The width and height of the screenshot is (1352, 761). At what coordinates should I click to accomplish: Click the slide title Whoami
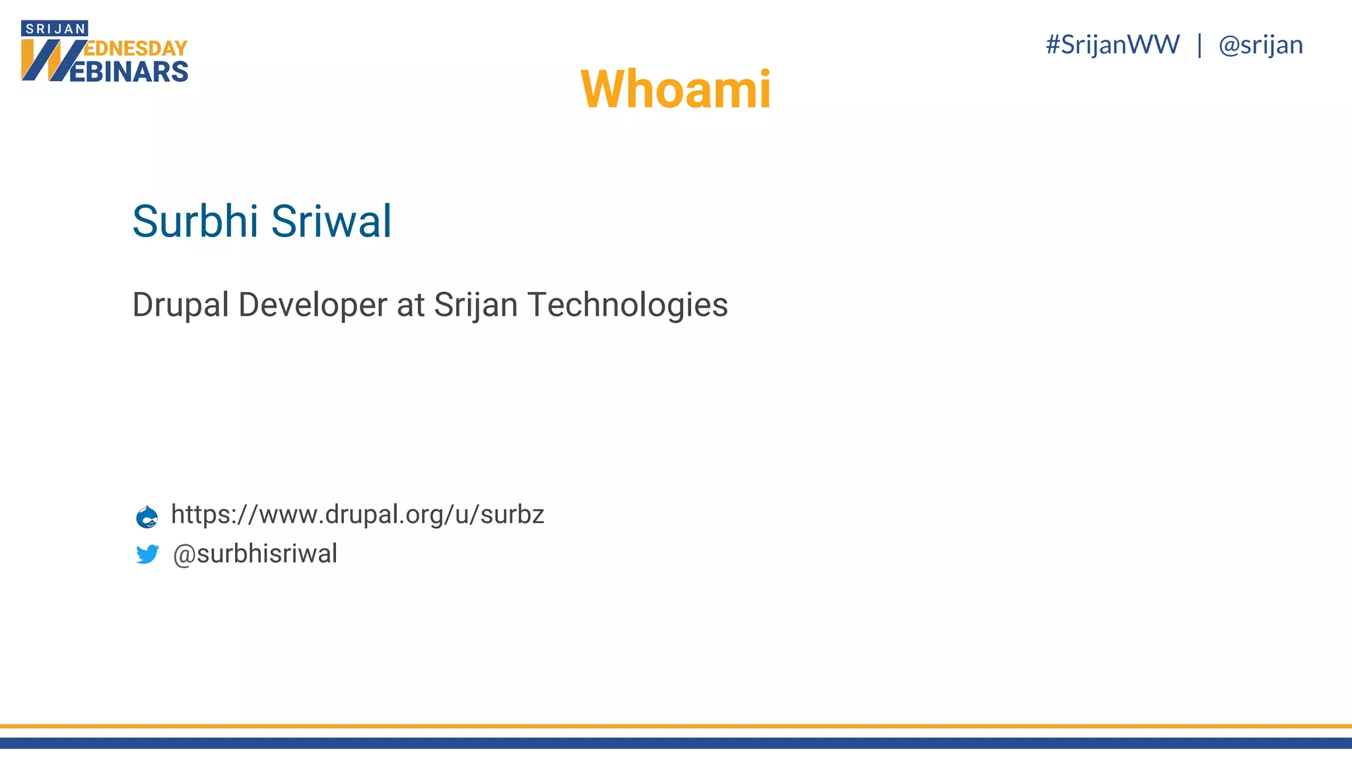675,89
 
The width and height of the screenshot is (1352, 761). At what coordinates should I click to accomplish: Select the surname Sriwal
331,221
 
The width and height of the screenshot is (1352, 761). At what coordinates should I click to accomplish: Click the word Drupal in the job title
180,305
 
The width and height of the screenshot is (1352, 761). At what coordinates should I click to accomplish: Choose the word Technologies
627,305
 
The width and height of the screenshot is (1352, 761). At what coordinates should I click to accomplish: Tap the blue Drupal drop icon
147,516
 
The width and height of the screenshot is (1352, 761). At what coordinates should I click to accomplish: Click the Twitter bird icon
147,554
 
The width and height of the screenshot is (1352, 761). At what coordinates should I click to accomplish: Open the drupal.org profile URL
357,515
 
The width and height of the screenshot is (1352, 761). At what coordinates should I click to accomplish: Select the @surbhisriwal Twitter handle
255,554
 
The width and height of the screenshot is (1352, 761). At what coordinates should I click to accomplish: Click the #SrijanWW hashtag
1112,45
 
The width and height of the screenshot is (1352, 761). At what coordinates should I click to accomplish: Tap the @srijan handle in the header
1260,45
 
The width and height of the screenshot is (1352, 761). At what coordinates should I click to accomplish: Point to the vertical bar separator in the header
1199,45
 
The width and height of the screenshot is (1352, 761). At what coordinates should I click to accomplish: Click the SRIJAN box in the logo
55,28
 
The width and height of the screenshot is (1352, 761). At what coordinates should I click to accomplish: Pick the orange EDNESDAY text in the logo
136,48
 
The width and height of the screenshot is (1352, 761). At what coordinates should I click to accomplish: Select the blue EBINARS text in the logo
129,72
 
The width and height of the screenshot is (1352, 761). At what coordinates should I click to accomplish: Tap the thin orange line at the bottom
676,726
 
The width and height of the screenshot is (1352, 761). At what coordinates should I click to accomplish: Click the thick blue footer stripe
676,743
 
